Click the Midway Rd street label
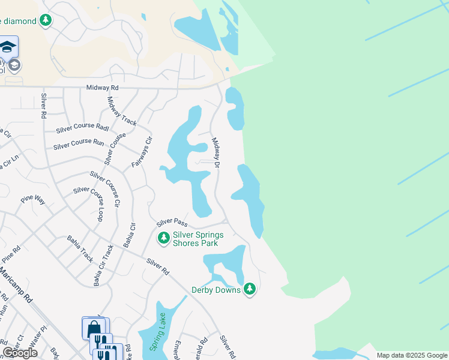(x=103, y=88)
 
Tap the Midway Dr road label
(x=216, y=152)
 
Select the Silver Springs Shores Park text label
(x=198, y=239)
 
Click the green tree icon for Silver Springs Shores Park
(x=163, y=239)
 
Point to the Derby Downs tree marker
(x=250, y=290)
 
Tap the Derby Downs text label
(x=215, y=290)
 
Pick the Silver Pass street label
(x=168, y=223)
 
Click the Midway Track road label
(x=122, y=110)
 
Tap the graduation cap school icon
(x=8, y=47)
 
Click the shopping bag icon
(x=93, y=328)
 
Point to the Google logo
(x=20, y=353)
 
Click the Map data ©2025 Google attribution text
(x=411, y=355)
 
